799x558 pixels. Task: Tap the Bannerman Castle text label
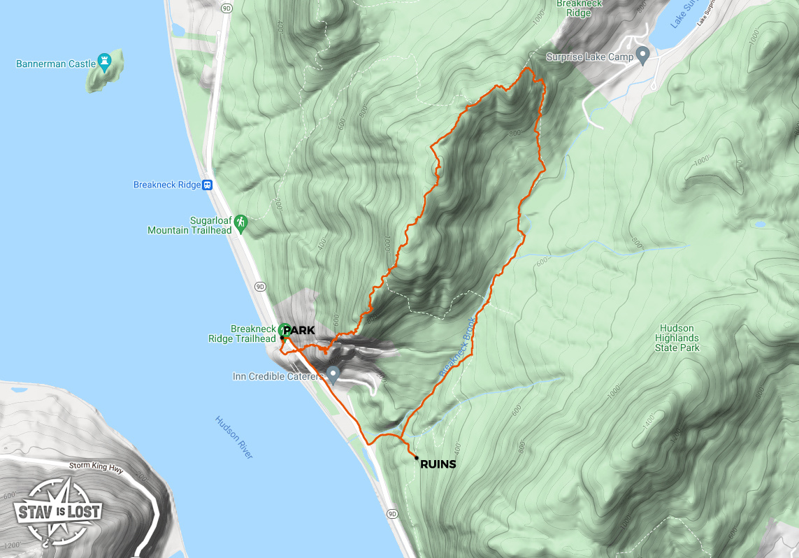(56, 64)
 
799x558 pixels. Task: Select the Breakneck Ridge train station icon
(207, 185)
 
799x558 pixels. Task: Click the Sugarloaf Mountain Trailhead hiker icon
(241, 222)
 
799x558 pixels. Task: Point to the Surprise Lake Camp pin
(643, 57)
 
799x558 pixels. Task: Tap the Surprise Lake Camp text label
(589, 57)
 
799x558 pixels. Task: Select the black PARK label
(298, 330)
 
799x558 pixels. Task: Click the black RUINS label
(438, 464)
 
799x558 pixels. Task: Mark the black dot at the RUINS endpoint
(417, 458)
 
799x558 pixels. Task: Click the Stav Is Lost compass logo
(57, 513)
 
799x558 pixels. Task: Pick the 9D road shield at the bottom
(391, 514)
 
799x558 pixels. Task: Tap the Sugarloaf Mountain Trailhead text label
(189, 225)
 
